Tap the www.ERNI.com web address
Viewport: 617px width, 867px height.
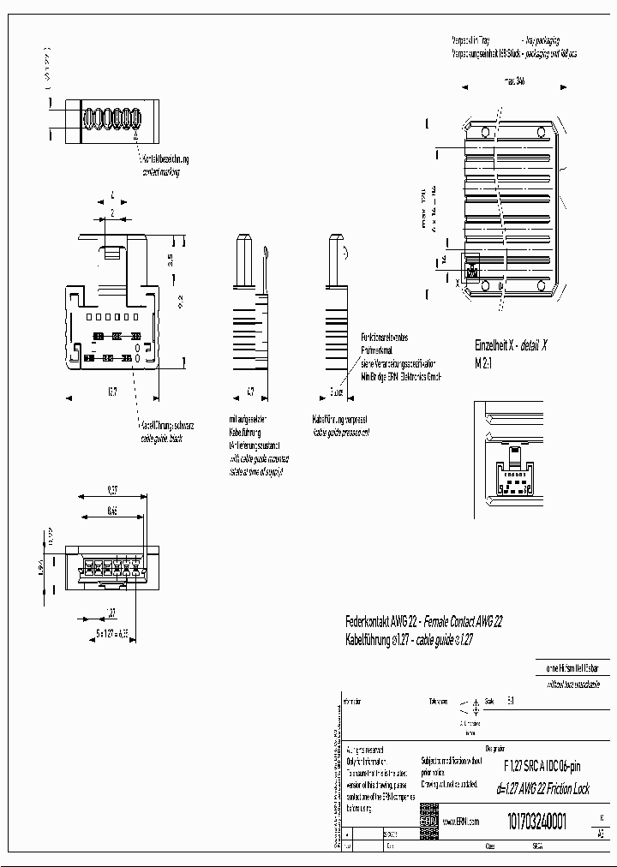click(461, 821)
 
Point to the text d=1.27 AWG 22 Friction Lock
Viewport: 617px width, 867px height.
click(543, 789)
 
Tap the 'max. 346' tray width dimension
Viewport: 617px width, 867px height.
click(509, 80)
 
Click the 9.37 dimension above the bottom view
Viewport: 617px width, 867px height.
click(112, 491)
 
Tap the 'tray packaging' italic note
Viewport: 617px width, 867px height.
click(541, 40)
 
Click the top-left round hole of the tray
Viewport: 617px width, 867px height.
click(485, 132)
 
